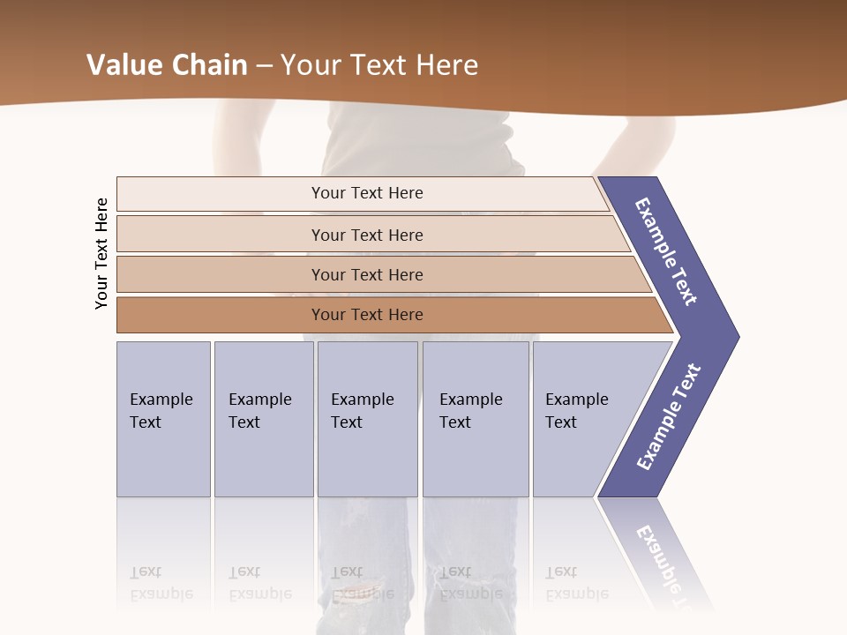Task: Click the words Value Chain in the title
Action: (167, 65)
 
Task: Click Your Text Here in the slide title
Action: (379, 65)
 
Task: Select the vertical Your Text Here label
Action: (101, 253)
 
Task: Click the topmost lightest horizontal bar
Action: (366, 193)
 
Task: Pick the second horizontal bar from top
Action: (366, 235)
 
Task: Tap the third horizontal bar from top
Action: (366, 274)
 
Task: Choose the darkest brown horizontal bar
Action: (366, 315)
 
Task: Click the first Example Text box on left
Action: (163, 418)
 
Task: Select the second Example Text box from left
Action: (263, 418)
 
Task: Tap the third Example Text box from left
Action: (367, 418)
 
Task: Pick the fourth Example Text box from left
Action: (475, 418)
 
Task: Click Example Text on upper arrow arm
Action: (666, 251)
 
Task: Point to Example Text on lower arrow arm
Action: (669, 417)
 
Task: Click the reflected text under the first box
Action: (161, 583)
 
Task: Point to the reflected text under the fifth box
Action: (576, 583)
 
